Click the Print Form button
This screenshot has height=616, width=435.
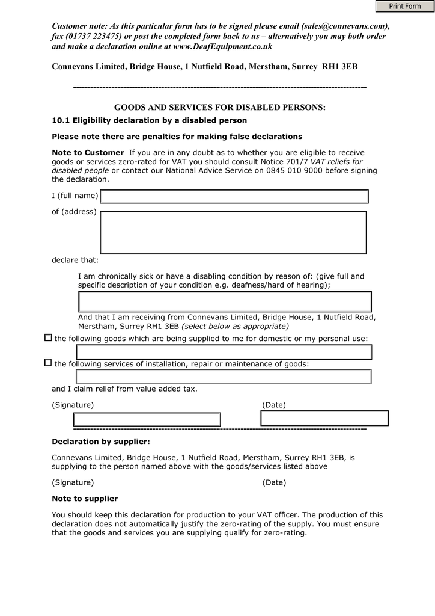click(x=405, y=6)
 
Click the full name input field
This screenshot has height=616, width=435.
click(x=234, y=197)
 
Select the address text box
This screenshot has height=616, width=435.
click(x=233, y=232)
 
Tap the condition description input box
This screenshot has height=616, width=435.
click(x=225, y=301)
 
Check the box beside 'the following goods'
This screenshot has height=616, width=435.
click(x=48, y=338)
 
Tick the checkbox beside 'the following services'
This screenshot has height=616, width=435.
click(x=48, y=363)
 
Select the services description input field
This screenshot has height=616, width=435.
click(x=224, y=377)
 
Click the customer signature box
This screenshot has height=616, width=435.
click(x=147, y=419)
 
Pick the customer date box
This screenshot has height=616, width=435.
click(x=324, y=418)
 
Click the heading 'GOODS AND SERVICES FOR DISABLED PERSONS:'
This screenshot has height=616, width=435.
click(x=219, y=108)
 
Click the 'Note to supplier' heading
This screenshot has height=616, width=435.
click(x=85, y=499)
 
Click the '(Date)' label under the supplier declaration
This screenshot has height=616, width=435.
click(x=274, y=482)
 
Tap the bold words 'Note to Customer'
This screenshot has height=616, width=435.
click(x=88, y=153)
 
